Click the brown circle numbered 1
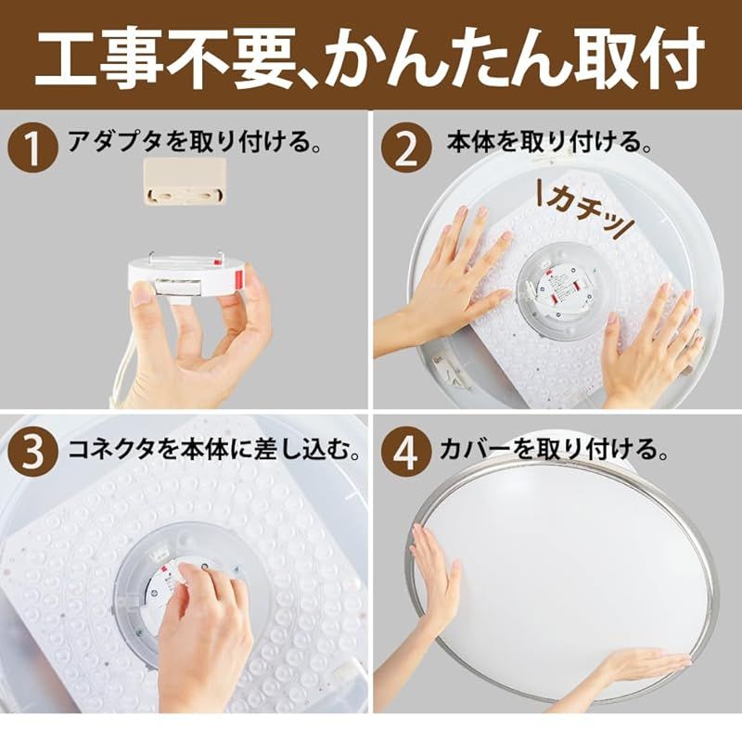33,147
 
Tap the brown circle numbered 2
407,147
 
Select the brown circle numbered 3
33,451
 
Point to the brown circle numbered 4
407,451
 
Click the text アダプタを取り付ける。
195,141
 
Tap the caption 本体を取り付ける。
549,141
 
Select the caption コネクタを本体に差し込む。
214,449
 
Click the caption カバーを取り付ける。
554,449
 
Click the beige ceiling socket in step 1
185,181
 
